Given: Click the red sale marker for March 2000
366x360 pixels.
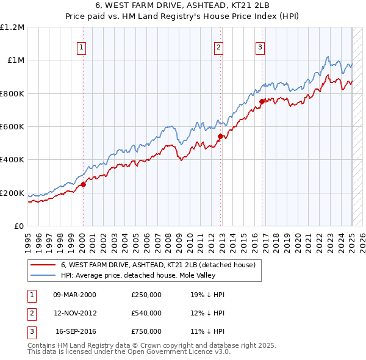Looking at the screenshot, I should point(83,185).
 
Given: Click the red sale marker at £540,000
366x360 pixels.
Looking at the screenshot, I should point(220,137).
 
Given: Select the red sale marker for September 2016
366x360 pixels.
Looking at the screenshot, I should point(262,102).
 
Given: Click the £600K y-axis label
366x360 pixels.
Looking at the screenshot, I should point(13,127).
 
